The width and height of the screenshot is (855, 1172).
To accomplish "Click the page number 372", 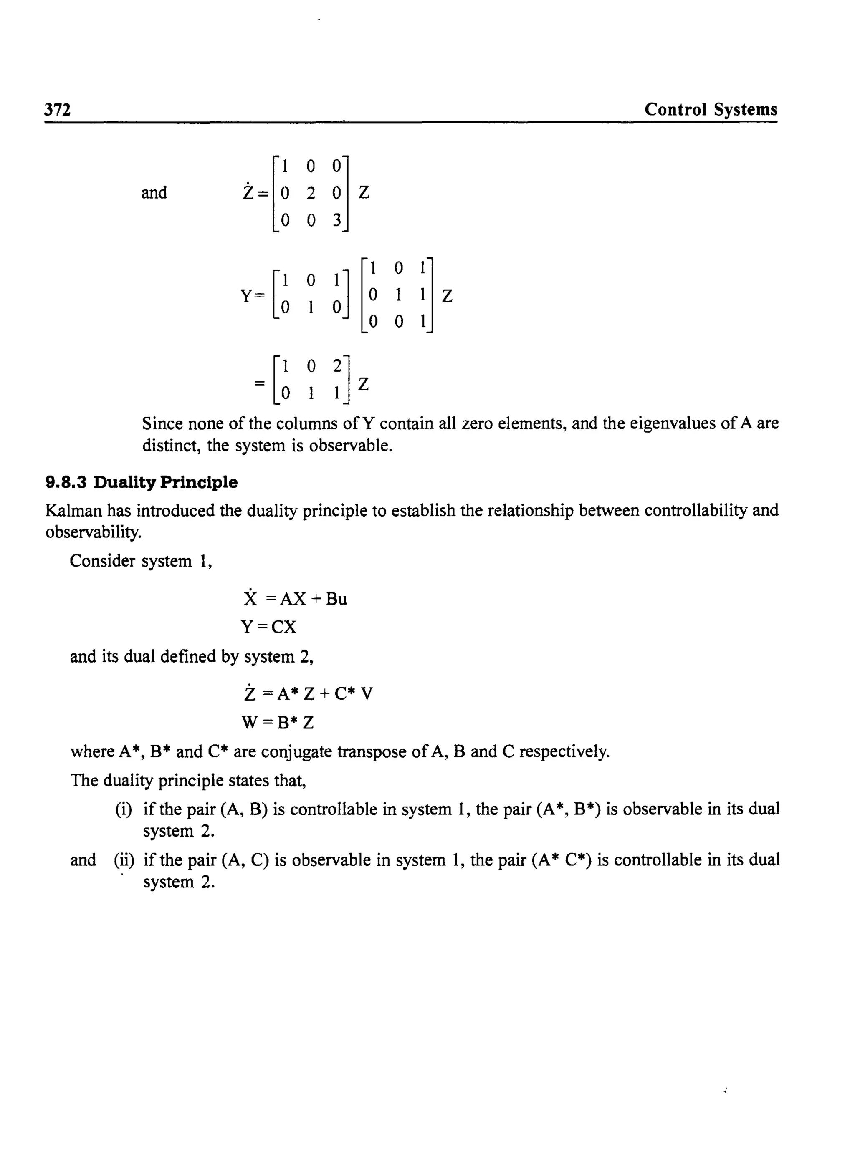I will [x=58, y=110].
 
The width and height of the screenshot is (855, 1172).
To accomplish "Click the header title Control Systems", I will [x=710, y=110].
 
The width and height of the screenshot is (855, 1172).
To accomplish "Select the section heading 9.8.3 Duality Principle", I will [x=141, y=483].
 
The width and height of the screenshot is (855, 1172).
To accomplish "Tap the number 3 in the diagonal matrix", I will [x=336, y=221].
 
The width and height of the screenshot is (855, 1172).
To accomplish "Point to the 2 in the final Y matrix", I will [x=337, y=366].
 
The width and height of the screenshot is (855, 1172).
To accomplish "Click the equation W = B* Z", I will [x=277, y=723].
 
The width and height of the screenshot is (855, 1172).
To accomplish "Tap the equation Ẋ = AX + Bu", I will [x=295, y=599].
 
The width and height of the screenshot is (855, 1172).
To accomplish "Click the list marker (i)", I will [x=124, y=809].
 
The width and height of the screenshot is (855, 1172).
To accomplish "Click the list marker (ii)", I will [x=124, y=860].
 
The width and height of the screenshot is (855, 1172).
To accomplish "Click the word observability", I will [x=93, y=533].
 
